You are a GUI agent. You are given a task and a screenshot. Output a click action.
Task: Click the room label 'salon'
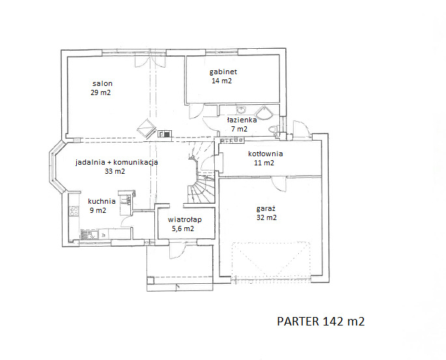[102, 83]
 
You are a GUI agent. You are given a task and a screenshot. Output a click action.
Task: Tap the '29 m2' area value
[101, 92]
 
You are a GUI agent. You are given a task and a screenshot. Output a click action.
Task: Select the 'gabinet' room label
[223, 72]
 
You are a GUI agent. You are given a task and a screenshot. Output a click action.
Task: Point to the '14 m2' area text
[221, 81]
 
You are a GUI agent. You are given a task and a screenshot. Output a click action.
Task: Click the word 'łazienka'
[242, 120]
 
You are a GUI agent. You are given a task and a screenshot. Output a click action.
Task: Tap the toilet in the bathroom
[273, 130]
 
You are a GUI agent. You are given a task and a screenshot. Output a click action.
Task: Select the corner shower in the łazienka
[264, 113]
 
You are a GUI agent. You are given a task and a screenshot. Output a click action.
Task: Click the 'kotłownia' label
[266, 154]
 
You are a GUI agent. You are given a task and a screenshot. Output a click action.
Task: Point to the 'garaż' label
[266, 209]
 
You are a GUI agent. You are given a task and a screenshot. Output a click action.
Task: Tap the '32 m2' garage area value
[266, 217]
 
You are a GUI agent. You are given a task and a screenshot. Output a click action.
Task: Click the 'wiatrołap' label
[185, 220]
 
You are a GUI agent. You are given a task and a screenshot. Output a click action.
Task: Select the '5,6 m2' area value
[183, 228]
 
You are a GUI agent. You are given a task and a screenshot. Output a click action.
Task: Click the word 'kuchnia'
[102, 201]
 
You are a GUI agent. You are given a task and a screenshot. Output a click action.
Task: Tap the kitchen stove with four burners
[74, 211]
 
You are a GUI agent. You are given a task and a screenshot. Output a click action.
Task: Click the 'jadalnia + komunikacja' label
[117, 162]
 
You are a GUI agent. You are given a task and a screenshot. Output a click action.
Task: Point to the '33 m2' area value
[115, 171]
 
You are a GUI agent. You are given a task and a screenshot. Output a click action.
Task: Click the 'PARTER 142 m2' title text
[321, 322]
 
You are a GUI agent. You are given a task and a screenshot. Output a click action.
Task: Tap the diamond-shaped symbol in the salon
[146, 128]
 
